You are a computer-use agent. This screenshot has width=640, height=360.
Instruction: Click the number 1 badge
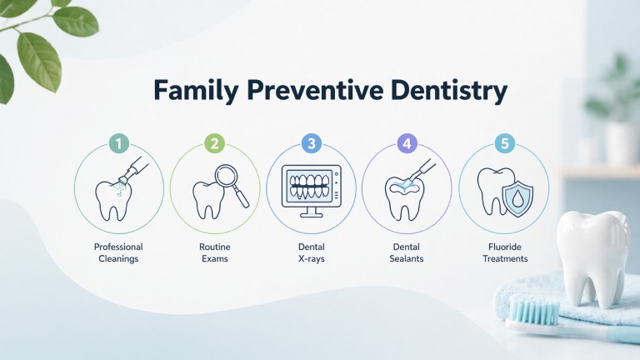(119, 144)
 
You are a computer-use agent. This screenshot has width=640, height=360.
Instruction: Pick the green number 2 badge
(215, 144)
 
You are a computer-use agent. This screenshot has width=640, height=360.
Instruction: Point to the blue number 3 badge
(312, 144)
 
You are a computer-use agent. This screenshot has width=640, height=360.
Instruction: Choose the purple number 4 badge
(407, 144)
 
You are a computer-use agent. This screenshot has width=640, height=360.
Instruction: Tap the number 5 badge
(503, 144)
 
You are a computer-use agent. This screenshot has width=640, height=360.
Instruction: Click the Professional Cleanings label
(118, 252)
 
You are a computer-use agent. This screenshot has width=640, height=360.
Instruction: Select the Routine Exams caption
(215, 252)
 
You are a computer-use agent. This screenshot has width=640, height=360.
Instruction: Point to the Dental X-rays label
(311, 252)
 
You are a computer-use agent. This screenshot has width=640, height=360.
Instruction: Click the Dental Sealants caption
(407, 252)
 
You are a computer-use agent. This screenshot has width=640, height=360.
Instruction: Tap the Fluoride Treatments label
(503, 252)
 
